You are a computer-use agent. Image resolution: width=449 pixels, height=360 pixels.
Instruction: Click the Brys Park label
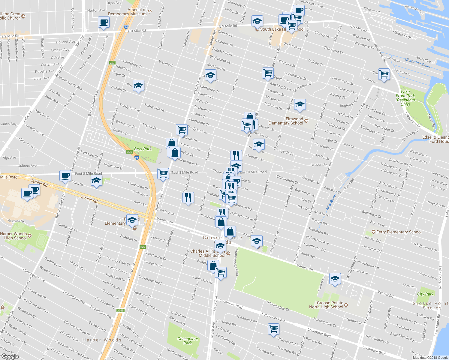[x=143, y=149]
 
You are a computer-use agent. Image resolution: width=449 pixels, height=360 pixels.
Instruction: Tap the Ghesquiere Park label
[x=188, y=341]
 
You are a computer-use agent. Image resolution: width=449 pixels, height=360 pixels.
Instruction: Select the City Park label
[x=425, y=294]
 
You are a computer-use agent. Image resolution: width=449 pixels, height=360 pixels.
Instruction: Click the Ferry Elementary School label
[x=399, y=232]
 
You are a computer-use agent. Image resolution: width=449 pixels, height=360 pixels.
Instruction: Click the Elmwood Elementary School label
[x=286, y=121]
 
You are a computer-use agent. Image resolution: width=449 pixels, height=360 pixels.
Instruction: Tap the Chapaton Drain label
[x=417, y=63]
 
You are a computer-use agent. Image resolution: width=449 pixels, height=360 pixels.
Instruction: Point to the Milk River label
[x=331, y=202]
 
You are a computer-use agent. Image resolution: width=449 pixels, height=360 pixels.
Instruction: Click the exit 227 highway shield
[x=112, y=63]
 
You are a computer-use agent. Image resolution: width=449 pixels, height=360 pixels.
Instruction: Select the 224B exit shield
[x=120, y=310]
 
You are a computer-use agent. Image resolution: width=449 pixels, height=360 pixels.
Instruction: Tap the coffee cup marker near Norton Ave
[x=104, y=22]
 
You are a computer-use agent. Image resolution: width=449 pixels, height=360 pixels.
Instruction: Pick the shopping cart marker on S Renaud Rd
[x=273, y=328]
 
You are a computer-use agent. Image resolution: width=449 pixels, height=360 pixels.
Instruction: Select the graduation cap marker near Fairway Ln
[x=335, y=279]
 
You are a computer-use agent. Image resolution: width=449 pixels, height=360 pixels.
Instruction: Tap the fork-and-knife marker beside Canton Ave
[x=188, y=197]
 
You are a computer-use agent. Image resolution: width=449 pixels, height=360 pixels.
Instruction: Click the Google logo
[x=10, y=356]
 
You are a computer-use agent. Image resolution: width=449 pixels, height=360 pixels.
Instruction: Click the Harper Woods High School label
[x=14, y=236]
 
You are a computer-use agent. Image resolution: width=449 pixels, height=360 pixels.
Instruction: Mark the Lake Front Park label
[x=405, y=98]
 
